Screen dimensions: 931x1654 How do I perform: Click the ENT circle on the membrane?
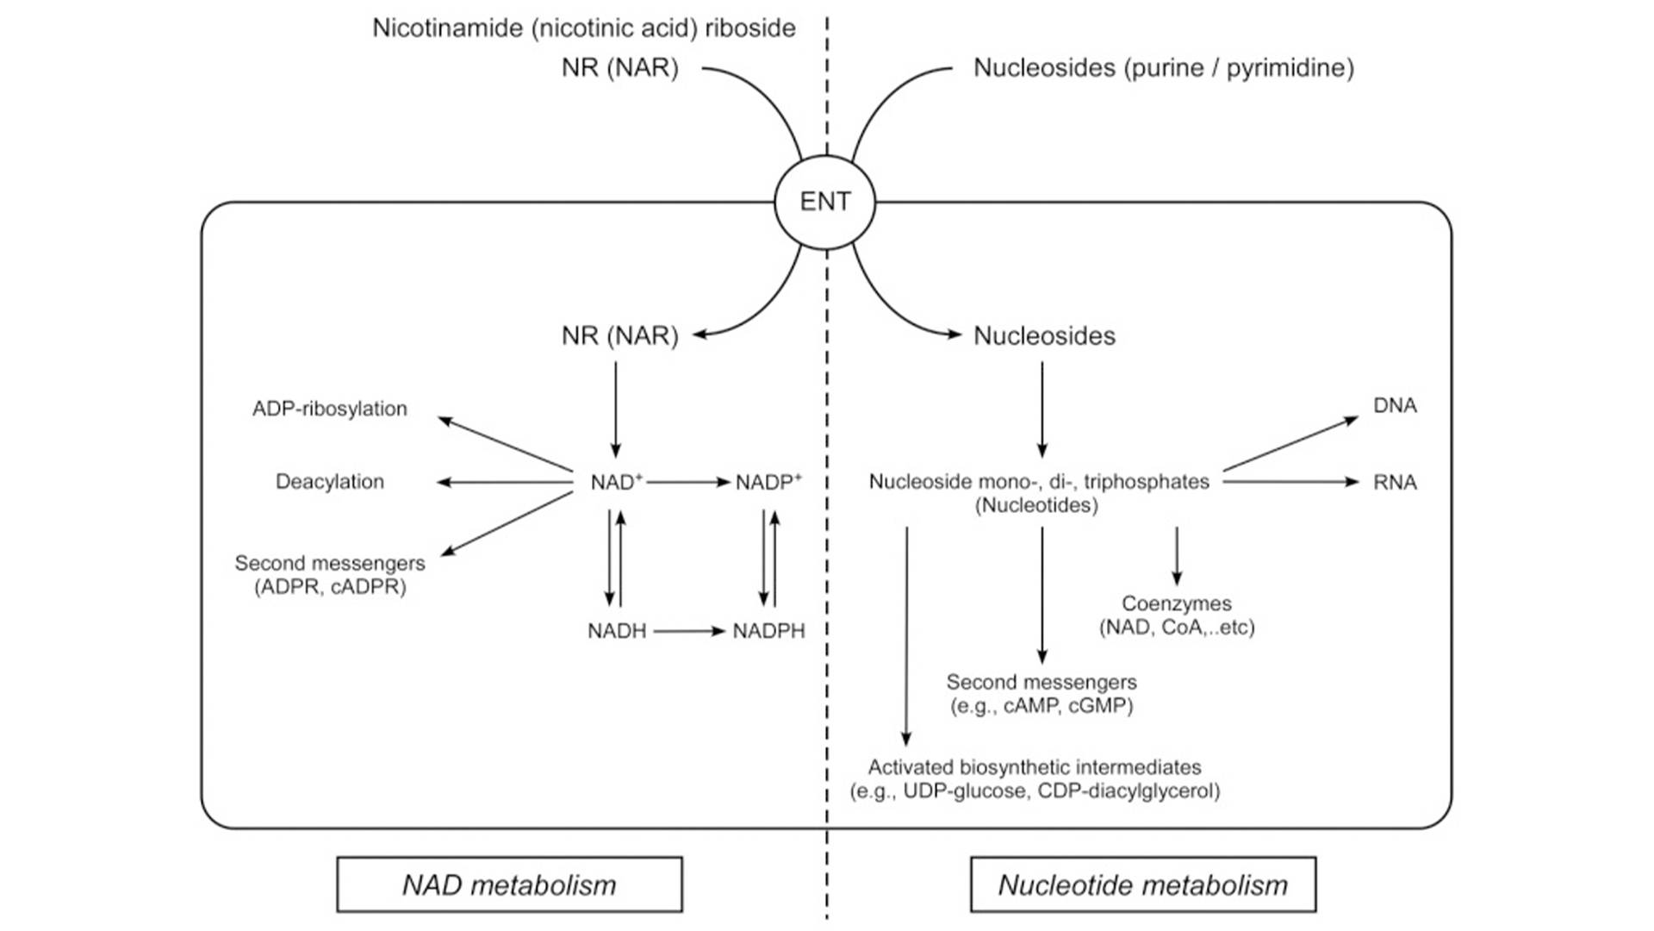click(x=824, y=202)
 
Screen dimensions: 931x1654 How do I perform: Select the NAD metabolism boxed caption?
click(x=509, y=884)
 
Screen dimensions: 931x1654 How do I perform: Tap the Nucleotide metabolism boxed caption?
click(x=1142, y=884)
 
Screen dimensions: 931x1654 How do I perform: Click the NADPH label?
click(x=768, y=631)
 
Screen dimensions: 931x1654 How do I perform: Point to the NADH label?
click(x=617, y=631)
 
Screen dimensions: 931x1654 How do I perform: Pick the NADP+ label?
click(x=768, y=482)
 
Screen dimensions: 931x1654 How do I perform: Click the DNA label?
click(x=1395, y=405)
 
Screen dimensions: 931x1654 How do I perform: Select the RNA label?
click(x=1395, y=482)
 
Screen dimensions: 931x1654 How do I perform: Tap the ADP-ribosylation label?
click(x=330, y=409)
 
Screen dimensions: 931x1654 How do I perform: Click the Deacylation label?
click(x=330, y=482)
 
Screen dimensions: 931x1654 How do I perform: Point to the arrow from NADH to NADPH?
click(x=689, y=631)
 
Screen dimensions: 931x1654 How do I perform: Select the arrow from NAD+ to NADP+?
click(x=687, y=482)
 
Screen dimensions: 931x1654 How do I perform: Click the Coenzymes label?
click(x=1176, y=603)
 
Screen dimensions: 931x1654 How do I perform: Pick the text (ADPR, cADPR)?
click(x=330, y=587)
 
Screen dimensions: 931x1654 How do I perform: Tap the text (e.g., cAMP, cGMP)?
click(x=1042, y=706)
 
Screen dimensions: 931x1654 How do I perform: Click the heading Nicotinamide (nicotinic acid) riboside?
click(x=584, y=28)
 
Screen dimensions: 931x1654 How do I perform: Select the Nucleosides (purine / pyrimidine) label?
click(x=1163, y=67)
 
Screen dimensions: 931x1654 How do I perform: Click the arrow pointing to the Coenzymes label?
click(x=1176, y=556)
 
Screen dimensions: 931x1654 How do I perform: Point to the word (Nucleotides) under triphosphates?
click(x=1036, y=506)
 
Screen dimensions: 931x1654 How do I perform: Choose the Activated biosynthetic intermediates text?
click(x=1035, y=767)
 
